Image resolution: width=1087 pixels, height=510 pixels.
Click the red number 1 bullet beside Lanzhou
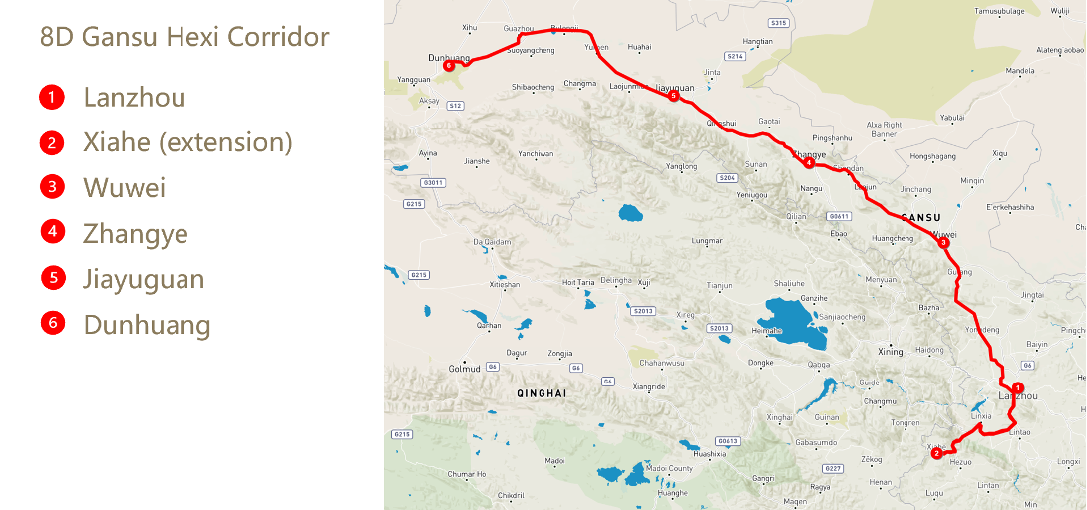coord(52,98)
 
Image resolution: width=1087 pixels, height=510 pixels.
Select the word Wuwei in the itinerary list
coord(124,188)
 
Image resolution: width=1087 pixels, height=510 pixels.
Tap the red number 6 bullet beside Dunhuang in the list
coord(53,323)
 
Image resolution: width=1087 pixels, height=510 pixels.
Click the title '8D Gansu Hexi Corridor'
coord(184,38)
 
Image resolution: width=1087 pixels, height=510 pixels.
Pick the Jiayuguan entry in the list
coord(144,279)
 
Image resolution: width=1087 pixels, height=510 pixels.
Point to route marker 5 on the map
coord(674,96)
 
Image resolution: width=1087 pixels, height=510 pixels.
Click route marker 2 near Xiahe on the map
coord(936,454)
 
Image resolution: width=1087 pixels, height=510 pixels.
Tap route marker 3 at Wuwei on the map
coord(943,242)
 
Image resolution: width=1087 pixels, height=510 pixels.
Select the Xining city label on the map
coord(889,352)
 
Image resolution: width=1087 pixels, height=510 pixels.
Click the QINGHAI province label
coord(542,394)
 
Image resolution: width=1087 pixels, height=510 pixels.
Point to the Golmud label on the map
coord(464,369)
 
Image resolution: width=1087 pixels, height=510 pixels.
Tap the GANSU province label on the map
coord(920,217)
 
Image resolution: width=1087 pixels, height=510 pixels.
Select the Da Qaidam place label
coord(491,242)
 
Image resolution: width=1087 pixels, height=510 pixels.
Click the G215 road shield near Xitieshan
coord(418,275)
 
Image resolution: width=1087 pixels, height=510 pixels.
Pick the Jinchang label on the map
coord(915,189)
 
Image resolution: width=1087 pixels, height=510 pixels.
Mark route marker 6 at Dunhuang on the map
coord(450,67)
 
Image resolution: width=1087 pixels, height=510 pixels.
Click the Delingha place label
coord(616,281)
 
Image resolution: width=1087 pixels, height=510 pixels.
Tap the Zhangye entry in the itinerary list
coord(136,234)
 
